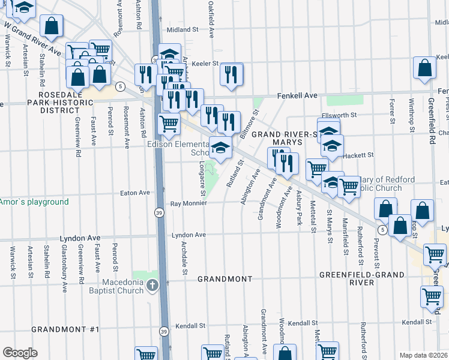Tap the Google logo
point(20,353)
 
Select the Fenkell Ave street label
point(297,95)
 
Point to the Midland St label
point(182,29)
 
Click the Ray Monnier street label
point(188,203)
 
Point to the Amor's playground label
point(35,202)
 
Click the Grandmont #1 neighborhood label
point(65,329)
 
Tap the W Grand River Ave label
point(32,37)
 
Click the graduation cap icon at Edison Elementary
point(220,148)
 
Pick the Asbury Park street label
point(299,208)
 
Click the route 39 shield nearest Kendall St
point(164,331)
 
